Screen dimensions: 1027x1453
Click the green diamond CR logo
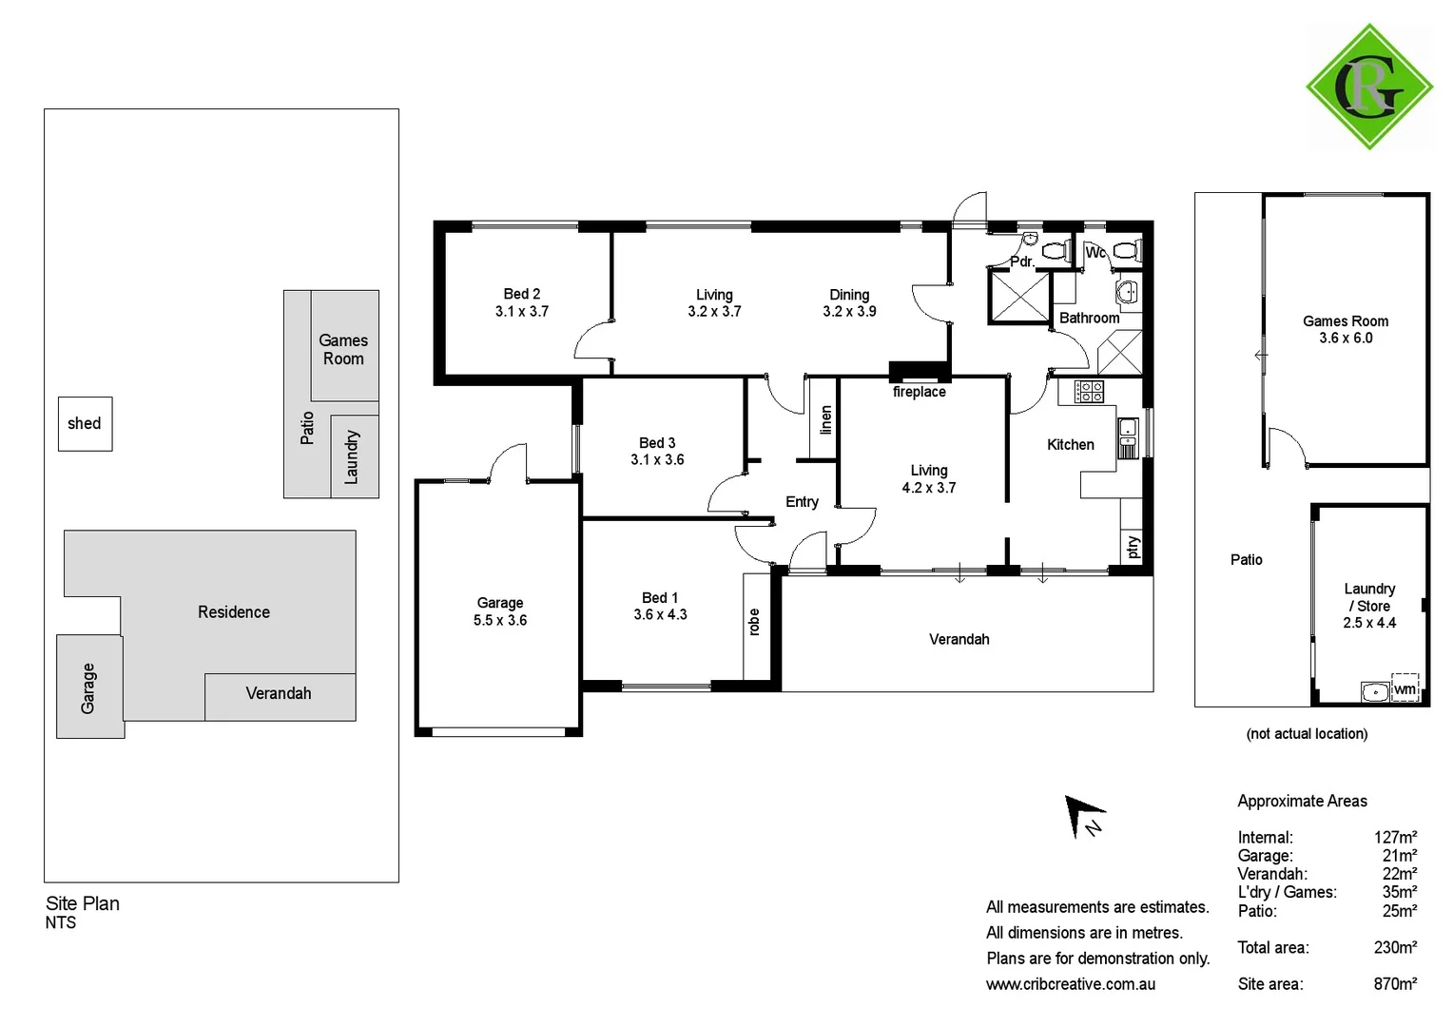1368,87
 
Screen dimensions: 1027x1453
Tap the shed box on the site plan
85,424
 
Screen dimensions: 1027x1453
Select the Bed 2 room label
522,294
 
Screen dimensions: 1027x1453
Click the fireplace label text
919,392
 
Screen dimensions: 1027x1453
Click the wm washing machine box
1405,688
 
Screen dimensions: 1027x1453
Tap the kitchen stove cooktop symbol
1089,391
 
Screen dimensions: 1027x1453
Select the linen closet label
825,419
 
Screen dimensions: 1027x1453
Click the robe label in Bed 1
754,622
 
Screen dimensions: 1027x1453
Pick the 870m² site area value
1395,984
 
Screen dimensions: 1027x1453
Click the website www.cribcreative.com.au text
1071,984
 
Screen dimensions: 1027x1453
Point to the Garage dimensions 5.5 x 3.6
500,620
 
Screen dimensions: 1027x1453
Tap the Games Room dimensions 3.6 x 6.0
1346,338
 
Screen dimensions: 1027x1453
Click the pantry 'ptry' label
1132,547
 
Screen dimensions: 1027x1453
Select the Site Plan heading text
83,903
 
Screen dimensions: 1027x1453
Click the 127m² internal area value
1395,838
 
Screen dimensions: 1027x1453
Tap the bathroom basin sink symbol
1127,292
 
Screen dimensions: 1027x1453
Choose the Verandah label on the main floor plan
959,639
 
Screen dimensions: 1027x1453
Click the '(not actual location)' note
1307,733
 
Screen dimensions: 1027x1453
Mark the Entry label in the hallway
802,502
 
